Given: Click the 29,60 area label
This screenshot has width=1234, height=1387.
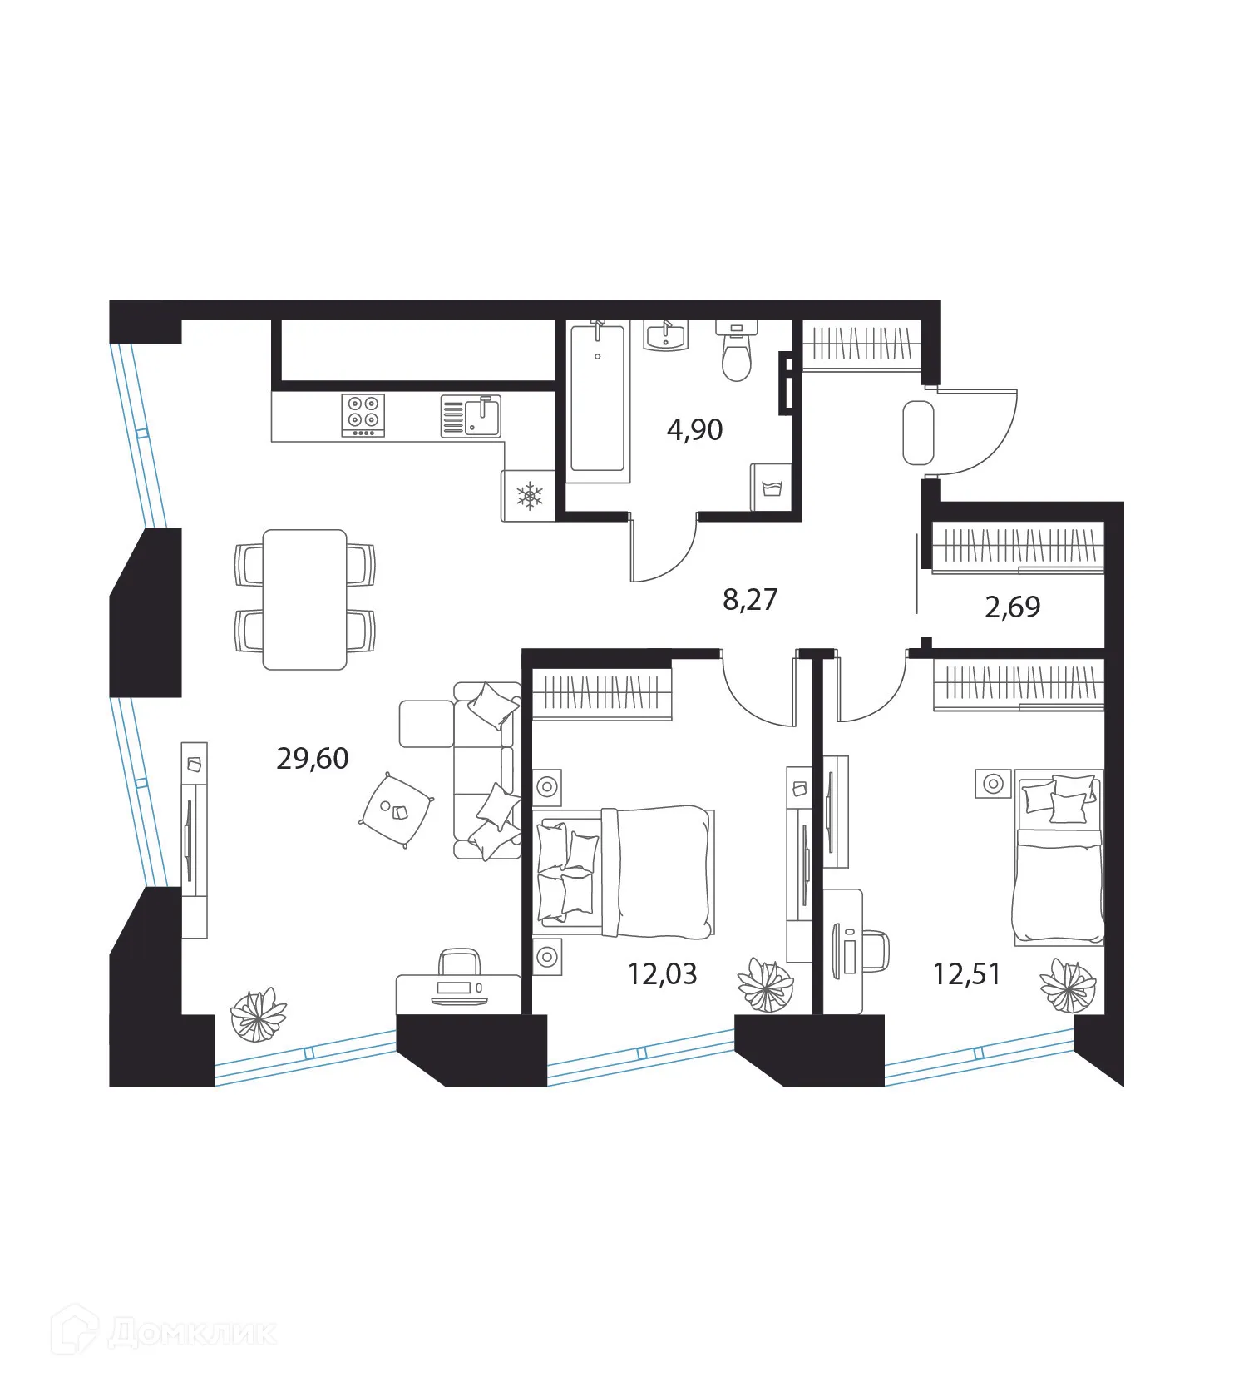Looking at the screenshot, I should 312,759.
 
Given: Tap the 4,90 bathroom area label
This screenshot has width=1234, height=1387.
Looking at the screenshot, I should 694,430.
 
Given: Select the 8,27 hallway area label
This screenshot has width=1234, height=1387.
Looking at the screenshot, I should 750,599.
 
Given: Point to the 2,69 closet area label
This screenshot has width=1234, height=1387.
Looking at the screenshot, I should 1012,607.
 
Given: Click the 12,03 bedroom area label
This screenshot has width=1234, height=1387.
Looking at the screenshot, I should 662,973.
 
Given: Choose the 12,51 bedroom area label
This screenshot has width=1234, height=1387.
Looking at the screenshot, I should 966,973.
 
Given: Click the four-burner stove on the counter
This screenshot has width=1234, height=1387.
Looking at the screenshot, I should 363,414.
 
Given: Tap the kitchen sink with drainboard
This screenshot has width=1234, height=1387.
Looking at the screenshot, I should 471,415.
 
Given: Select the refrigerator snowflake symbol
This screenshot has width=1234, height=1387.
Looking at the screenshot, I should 529,497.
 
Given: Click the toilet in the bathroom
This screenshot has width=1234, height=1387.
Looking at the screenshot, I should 736,353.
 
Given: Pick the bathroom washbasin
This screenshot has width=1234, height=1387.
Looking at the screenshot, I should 665,336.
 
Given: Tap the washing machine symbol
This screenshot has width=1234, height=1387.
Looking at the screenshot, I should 770,488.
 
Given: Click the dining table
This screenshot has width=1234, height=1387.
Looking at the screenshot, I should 304,599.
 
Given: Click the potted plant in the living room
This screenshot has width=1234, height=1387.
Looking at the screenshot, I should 258,1014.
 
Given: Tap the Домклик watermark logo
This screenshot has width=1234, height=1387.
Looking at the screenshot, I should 163,1334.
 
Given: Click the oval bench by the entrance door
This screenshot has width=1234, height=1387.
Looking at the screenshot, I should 918,433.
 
